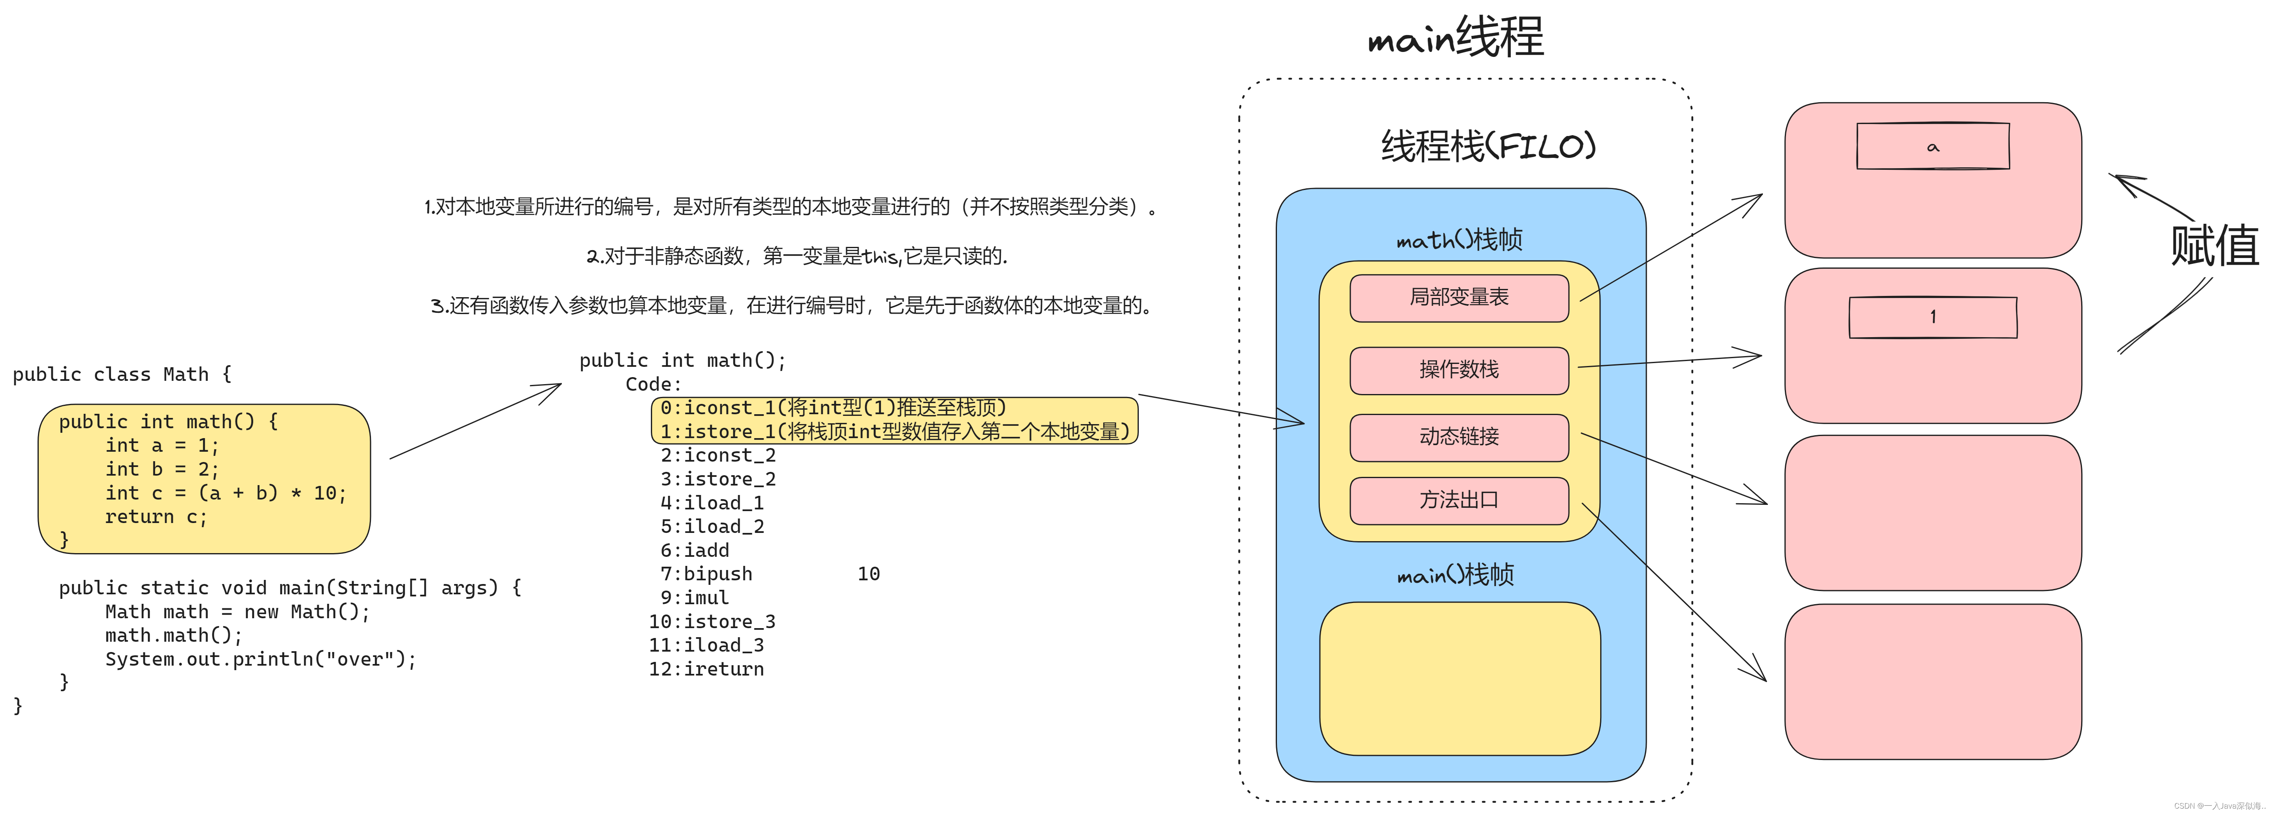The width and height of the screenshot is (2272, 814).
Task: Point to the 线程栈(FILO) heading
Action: tap(1488, 146)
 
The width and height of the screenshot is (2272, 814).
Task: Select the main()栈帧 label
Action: tap(1455, 575)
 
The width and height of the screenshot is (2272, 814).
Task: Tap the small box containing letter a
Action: tap(1932, 146)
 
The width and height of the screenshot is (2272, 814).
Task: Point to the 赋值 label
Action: tap(2214, 245)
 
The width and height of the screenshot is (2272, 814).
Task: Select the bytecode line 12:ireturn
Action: tap(706, 669)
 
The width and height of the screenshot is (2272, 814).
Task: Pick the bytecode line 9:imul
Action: tap(695, 598)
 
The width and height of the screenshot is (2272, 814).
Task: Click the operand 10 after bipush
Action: tap(869, 574)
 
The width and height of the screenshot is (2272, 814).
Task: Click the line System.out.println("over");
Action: tap(260, 660)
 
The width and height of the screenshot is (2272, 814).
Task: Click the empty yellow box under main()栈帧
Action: tap(1459, 679)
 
